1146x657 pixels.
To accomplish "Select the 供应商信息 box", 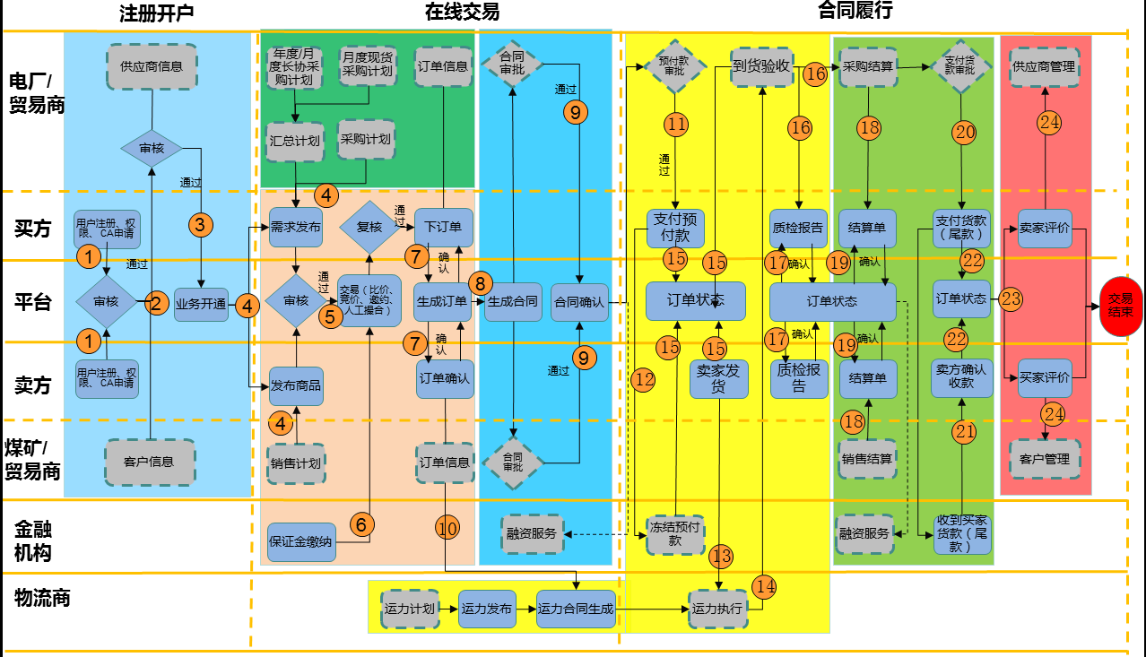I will click(x=152, y=66).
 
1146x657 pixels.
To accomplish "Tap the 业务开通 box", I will click(x=201, y=303).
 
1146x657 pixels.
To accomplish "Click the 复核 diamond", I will click(x=369, y=227).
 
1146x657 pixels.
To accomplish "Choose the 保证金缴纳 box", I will click(x=300, y=541).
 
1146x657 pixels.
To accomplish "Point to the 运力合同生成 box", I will click(x=576, y=609).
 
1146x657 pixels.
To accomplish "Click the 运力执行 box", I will click(x=717, y=608).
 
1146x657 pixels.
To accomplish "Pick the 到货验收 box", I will click(x=761, y=65).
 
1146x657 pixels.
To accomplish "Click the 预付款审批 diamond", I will click(x=673, y=65).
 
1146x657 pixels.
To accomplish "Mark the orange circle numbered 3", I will click(x=200, y=224).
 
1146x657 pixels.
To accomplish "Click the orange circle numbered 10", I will click(x=447, y=528).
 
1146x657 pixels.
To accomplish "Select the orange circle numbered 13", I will click(x=721, y=557).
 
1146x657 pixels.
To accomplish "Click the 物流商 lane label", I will click(x=42, y=598).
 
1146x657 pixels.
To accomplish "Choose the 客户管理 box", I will click(x=1044, y=459).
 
